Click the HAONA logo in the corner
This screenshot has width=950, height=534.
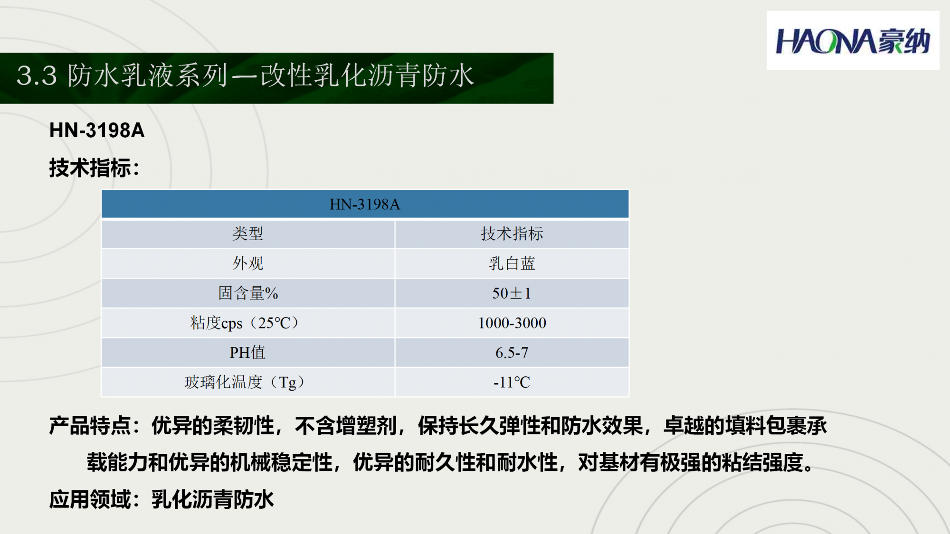853,41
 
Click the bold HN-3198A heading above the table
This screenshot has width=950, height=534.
97,131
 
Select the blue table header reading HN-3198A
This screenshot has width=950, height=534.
365,204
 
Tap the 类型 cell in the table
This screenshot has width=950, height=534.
247,234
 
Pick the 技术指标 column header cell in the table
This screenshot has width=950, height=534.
512,234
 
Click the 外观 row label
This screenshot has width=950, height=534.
247,263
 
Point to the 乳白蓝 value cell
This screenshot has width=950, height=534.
512,263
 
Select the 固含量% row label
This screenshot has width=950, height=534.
247,293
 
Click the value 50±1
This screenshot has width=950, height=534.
512,293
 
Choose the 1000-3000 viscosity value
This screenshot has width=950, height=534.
512,323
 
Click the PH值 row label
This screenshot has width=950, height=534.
247,352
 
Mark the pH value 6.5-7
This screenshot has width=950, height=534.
512,352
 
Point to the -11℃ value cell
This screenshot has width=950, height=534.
512,382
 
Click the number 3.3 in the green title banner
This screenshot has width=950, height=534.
37,76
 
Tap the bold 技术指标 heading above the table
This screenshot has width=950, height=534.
90,168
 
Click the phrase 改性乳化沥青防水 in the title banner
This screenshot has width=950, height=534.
367,75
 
